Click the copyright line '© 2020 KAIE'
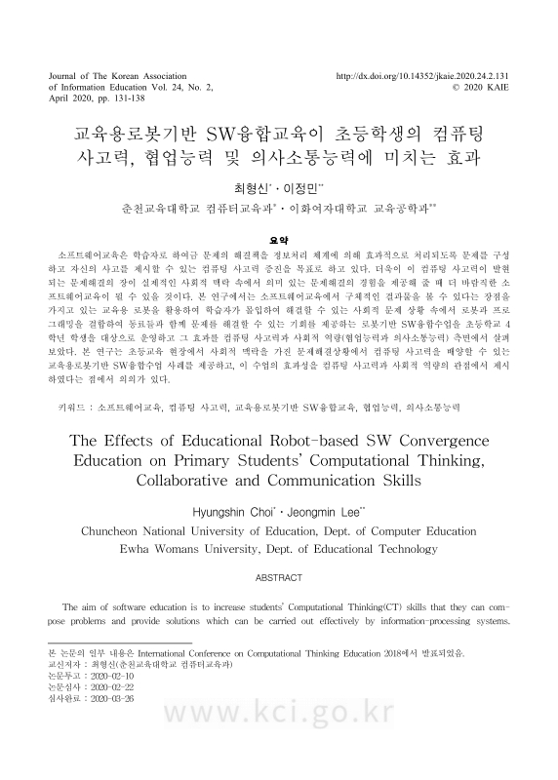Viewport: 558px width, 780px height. click(x=481, y=86)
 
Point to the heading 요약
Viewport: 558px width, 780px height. click(x=278, y=238)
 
